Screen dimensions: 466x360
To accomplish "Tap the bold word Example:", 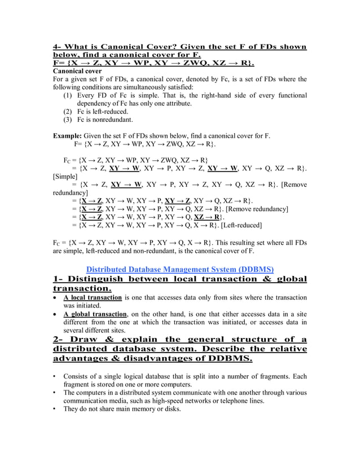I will [67, 136].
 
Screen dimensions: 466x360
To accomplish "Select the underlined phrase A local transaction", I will [93, 297].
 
